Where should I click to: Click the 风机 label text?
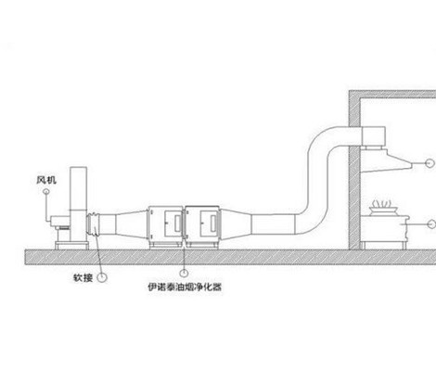coord(46,180)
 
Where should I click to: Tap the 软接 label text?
coord(83,277)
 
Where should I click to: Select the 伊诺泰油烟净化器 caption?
coord(185,288)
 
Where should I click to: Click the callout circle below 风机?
coord(46,192)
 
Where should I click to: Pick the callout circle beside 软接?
coord(102,277)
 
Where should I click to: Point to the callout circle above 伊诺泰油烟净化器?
coord(184,273)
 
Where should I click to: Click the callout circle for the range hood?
coord(430,163)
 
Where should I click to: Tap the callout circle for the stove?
coord(431,224)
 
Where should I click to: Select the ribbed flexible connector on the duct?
coord(94,224)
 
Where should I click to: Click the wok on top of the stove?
coord(382,211)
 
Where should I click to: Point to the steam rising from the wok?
coord(382,203)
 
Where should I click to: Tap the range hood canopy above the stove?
coord(386,160)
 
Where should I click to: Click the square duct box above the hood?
coord(373,136)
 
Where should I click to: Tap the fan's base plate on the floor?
coord(71,245)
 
